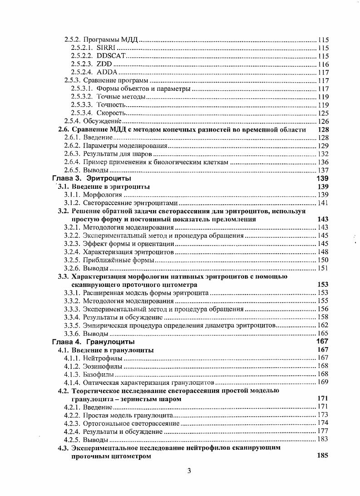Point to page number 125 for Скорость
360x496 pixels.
tap(323, 113)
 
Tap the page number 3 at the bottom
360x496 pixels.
tap(189, 471)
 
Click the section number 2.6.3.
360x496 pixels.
tap(72, 154)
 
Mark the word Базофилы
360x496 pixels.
tap(98, 374)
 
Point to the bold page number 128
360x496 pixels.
tap(322, 129)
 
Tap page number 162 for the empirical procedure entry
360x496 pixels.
tap(323, 325)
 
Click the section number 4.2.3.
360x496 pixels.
tap(72, 423)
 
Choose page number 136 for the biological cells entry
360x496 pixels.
tap(323, 162)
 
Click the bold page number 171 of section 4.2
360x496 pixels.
tap(322, 398)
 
